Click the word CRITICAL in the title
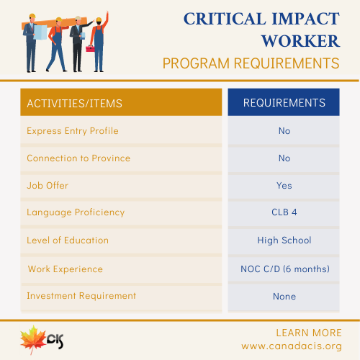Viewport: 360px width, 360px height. [225, 19]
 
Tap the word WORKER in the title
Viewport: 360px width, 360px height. [300, 41]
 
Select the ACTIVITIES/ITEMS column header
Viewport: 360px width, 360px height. [74, 104]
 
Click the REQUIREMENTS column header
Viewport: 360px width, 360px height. [284, 103]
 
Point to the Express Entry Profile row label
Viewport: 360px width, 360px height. [73, 131]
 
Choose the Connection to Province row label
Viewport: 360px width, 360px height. [78, 158]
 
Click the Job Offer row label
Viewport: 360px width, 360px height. [48, 186]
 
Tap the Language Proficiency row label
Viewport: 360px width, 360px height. [76, 212]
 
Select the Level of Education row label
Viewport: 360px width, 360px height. [68, 240]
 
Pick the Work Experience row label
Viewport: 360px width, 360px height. [66, 269]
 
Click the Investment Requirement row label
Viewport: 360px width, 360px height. [81, 296]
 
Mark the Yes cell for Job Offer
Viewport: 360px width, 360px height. [284, 186]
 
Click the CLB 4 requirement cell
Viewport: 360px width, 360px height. [284, 212]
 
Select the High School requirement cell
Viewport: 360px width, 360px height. [284, 240]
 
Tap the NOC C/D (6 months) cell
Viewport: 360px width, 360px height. [285, 269]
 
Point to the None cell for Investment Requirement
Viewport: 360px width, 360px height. [284, 297]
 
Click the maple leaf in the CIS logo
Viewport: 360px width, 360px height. [33, 339]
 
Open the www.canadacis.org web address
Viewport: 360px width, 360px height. [292, 346]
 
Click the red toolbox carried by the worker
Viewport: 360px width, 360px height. [91, 48]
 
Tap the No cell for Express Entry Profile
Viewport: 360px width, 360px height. [284, 131]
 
